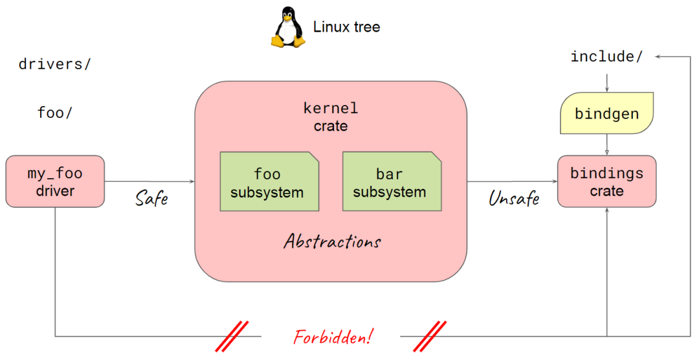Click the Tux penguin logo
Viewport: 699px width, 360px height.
[287, 27]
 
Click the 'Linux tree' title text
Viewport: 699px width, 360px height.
[346, 27]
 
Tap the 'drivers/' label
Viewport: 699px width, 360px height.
[55, 65]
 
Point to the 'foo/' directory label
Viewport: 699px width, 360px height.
[55, 113]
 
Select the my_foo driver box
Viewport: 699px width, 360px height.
[55, 181]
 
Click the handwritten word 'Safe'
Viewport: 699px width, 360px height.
[151, 197]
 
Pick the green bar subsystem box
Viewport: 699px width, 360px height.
[390, 182]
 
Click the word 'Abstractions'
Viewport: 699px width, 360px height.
[332, 242]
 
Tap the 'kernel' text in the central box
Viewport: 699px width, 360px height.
[331, 108]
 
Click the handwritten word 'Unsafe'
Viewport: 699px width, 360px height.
[514, 197]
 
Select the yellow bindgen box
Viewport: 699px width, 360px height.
[606, 114]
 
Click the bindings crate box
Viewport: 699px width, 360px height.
[606, 181]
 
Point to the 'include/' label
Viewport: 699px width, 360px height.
[606, 57]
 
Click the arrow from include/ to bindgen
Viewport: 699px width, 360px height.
[606, 81]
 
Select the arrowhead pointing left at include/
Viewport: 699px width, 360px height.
[658, 57]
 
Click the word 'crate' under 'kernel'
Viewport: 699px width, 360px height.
[331, 126]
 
